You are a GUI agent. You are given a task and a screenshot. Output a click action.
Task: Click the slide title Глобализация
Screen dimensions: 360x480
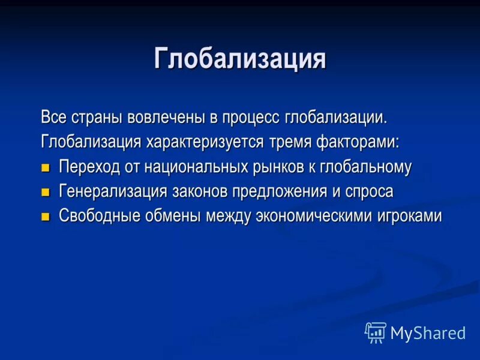240,60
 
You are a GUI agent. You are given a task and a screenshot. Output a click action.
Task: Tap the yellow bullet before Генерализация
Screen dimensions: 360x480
46,193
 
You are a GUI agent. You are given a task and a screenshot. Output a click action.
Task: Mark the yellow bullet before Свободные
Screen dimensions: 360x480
46,217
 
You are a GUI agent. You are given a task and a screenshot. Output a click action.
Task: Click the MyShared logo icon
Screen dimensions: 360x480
376,332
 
